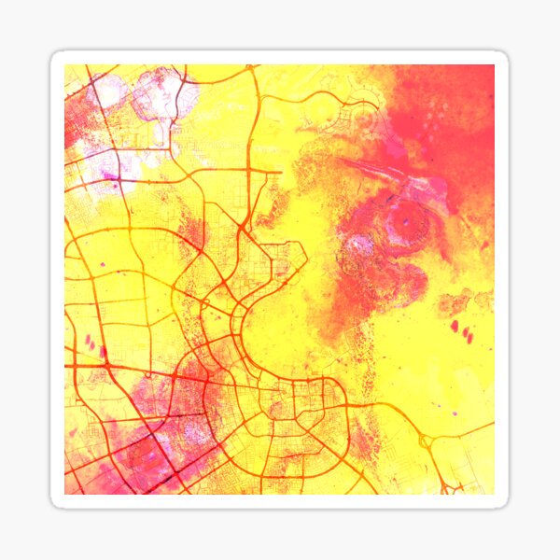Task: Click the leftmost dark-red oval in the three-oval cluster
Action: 455,326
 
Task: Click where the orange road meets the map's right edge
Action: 493,425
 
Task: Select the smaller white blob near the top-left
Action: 110,91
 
